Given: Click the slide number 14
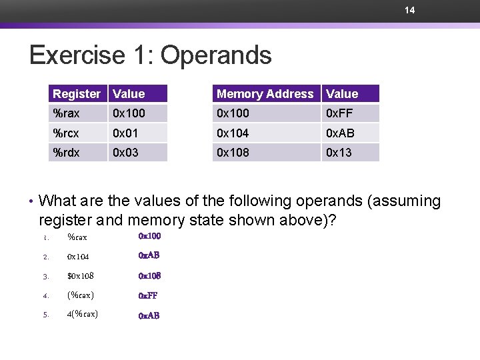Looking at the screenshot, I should [x=410, y=10].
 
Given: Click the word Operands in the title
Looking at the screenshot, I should [x=216, y=55].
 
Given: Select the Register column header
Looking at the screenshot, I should [x=77, y=94].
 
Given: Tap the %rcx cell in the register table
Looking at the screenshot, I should [x=66, y=133].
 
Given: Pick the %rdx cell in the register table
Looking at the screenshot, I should [x=66, y=153].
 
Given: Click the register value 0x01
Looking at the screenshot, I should [x=125, y=133].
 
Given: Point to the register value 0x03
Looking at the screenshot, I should [x=125, y=153].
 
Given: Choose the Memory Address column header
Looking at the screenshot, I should [x=265, y=94].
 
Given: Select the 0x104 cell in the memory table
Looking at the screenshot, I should [x=232, y=133].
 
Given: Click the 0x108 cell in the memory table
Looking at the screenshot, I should [x=232, y=153].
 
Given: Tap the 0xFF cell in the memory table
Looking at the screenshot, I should [x=338, y=113].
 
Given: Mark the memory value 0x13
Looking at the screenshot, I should [x=338, y=153].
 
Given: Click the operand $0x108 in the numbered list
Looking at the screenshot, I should [x=81, y=276].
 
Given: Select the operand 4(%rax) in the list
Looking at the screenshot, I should [x=83, y=315].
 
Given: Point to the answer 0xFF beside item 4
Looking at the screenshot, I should [x=148, y=295].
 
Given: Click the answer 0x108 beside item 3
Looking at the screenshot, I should [x=150, y=276].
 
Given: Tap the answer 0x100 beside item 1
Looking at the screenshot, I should [x=150, y=236].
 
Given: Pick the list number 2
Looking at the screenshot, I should [x=46, y=257].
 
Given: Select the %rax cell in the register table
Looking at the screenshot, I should [x=66, y=113].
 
